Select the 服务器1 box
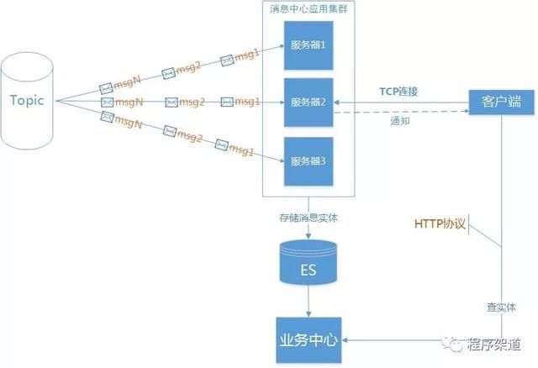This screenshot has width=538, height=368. [x=308, y=45]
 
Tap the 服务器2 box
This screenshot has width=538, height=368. [x=308, y=102]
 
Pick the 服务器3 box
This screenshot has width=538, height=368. [x=308, y=160]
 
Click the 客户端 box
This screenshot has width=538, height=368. [x=502, y=102]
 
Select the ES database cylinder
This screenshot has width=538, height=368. [x=309, y=264]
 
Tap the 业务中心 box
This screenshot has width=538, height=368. [x=308, y=341]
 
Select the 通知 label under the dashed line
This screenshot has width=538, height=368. [x=400, y=121]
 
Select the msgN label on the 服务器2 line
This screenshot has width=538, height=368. [x=128, y=102]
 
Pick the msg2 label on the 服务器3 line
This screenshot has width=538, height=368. [x=189, y=135]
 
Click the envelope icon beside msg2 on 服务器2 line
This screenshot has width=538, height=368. [x=172, y=102]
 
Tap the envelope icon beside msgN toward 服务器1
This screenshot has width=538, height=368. [x=106, y=87]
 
